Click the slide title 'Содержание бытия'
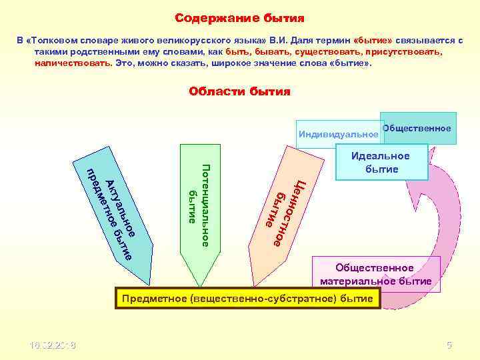point(239,17)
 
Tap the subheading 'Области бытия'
point(239,91)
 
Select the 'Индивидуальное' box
point(338,135)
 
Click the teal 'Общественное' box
point(419,128)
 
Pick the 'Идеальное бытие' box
point(381,162)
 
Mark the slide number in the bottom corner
point(449,345)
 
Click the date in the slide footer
point(53,345)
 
